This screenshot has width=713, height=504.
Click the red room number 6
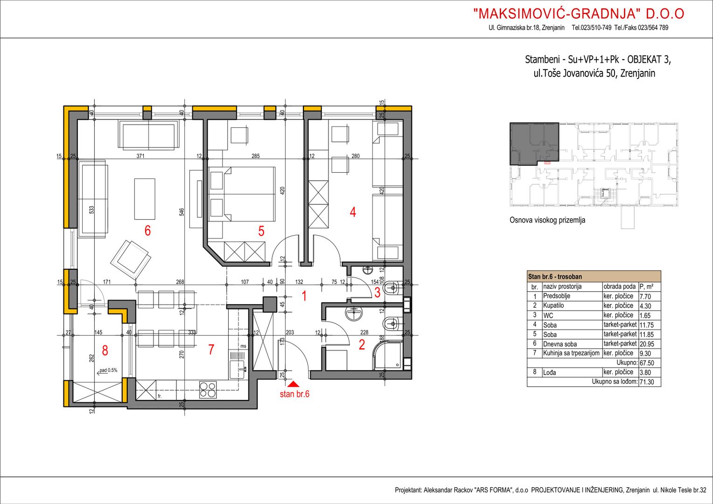(147, 231)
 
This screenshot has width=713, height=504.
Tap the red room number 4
(353, 212)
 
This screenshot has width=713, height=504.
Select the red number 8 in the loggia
(105, 350)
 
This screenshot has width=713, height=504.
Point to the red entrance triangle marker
(295, 384)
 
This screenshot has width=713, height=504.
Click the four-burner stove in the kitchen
(208, 390)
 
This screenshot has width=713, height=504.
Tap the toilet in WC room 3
(392, 289)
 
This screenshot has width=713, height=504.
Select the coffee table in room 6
(145, 199)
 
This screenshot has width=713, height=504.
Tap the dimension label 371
(140, 156)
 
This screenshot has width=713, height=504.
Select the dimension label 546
(182, 212)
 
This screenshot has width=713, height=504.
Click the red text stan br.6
(294, 394)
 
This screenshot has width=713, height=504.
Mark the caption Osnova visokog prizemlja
(547, 220)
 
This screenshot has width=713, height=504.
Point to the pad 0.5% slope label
(108, 370)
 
